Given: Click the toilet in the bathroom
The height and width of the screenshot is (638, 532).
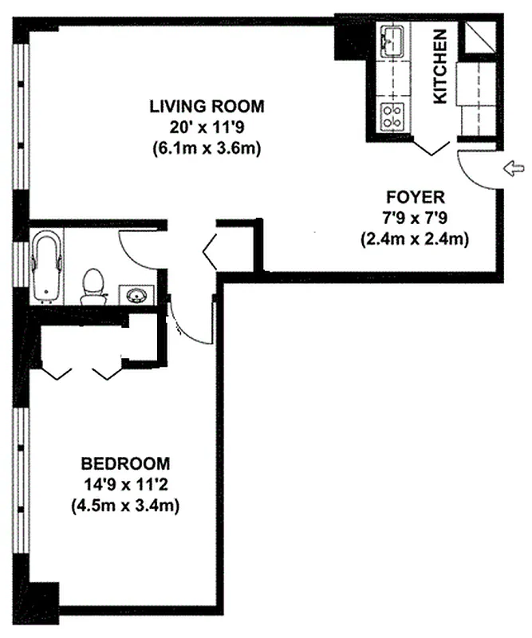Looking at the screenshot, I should [x=93, y=286].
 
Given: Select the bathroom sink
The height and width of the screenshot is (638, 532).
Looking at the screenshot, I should [x=136, y=296].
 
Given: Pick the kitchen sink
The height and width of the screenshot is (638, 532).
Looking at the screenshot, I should [x=392, y=41].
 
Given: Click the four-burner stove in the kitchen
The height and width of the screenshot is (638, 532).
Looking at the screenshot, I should [x=392, y=117].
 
